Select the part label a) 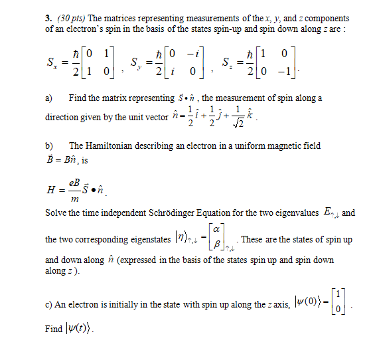(48, 98)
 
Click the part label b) (48, 145)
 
